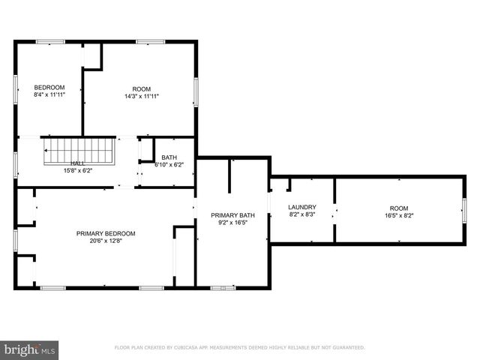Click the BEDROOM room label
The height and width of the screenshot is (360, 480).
pos(49,87)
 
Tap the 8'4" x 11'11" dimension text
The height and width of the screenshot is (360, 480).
pos(49,95)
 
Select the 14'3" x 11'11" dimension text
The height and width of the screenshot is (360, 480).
pos(141,95)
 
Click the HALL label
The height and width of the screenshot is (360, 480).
pos(78,163)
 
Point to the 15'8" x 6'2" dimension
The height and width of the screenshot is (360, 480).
pos(78,170)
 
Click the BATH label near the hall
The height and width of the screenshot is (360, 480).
pos(169,157)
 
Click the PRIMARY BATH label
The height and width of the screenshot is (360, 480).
pos(232,215)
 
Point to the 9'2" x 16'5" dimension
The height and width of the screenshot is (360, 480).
pos(232,223)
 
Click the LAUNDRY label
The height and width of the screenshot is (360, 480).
pos(302,207)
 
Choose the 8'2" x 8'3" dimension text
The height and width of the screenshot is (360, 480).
pos(302,214)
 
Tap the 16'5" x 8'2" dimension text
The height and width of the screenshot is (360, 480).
pos(398,215)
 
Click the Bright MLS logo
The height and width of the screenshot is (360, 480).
pos(30,349)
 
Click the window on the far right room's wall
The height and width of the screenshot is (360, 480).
pos(464,209)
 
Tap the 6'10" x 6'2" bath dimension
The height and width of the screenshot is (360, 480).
pos(169,164)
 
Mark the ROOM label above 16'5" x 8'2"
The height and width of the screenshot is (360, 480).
pos(398,208)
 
